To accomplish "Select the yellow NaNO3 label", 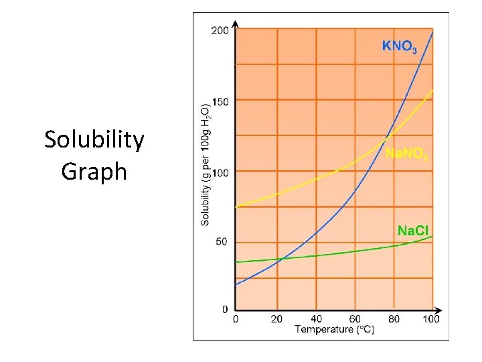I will click(x=406, y=154).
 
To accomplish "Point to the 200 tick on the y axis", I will click(x=220, y=30).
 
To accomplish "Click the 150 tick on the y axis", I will click(x=220, y=101).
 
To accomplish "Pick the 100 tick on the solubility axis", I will click(x=220, y=172).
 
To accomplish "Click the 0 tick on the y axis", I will click(x=225, y=310).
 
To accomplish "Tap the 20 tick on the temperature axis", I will click(x=277, y=319).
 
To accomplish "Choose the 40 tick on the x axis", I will click(x=316, y=319).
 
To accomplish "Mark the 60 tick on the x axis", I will click(x=355, y=319).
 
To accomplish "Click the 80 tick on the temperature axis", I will click(x=394, y=319).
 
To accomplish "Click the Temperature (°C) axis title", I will click(x=335, y=329).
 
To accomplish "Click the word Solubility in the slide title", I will click(x=94, y=140).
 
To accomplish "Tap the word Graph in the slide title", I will click(x=94, y=171).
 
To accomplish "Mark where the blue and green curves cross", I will click(x=279, y=259).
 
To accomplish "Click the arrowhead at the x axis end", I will click(x=439, y=311).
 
